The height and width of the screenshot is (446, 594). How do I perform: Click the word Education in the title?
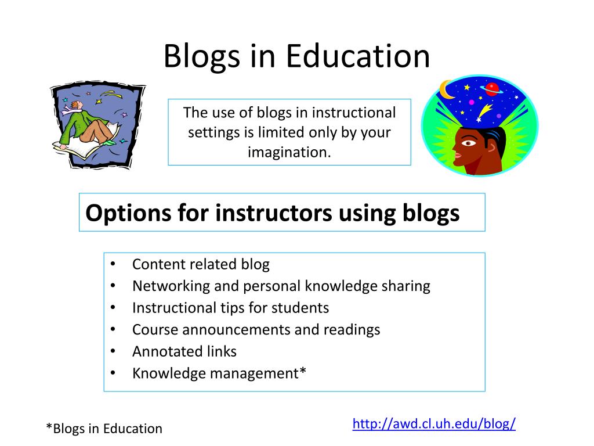tap(357, 56)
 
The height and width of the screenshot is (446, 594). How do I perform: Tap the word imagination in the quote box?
tap(289, 152)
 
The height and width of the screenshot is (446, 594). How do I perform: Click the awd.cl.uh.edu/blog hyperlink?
tap(434, 423)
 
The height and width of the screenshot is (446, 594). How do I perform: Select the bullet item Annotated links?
tap(184, 351)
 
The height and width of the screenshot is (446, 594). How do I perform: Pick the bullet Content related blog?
tap(201, 264)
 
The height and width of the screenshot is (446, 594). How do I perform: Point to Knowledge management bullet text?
tap(219, 373)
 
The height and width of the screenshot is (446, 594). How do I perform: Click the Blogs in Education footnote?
tap(104, 429)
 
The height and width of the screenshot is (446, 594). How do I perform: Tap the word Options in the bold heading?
tap(128, 213)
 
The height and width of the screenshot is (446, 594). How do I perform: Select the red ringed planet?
tap(492, 89)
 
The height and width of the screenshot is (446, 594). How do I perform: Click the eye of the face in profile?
tap(468, 143)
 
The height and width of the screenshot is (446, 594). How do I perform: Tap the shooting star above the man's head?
tap(484, 112)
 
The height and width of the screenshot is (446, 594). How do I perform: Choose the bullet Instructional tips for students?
tap(230, 308)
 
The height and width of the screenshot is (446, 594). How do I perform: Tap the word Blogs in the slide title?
tap(201, 57)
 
